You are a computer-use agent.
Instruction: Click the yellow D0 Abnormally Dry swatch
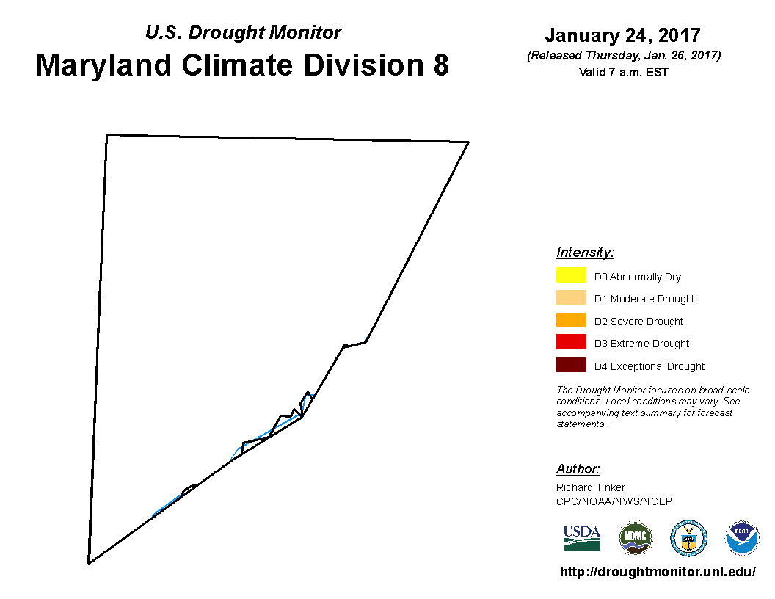pos(571,275)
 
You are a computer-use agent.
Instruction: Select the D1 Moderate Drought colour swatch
pos(571,297)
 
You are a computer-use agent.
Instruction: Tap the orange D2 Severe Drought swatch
pos(571,320)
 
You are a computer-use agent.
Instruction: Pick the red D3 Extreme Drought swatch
pos(571,342)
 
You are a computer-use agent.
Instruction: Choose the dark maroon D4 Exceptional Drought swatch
pos(571,365)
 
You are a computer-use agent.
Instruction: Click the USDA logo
pos(582,538)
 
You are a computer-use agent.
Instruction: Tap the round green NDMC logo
pos(635,538)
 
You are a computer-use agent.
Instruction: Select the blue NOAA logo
pos(742,538)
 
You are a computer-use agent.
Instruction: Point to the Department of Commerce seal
pos(688,538)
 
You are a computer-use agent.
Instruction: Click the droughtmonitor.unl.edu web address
pos(658,572)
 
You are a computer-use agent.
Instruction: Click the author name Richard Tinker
pos(591,487)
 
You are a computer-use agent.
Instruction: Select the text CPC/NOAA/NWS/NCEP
pos(614,501)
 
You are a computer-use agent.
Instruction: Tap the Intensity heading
pos(585,252)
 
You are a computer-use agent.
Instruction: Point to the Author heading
pos(578,468)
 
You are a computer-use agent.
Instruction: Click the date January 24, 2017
pos(623,35)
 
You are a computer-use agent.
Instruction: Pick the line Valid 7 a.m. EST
pos(623,72)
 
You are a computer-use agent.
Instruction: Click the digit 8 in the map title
pos(441,65)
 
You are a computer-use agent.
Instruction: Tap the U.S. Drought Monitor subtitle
pos(243,32)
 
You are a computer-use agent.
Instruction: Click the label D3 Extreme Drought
pos(641,344)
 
